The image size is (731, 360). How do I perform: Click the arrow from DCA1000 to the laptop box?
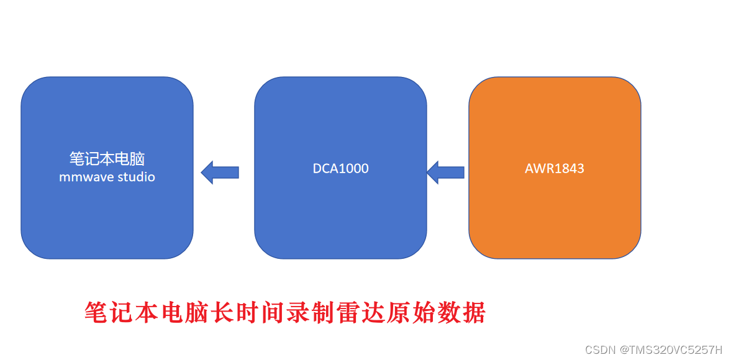pyautogui.click(x=220, y=172)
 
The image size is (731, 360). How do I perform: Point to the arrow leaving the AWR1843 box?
pyautogui.click(x=445, y=172)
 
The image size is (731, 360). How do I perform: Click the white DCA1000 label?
pyautogui.click(x=340, y=168)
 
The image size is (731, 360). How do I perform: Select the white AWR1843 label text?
pyautogui.click(x=554, y=168)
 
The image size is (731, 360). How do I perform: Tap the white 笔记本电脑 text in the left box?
pyautogui.click(x=107, y=158)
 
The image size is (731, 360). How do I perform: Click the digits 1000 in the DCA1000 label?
pyautogui.click(x=353, y=168)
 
